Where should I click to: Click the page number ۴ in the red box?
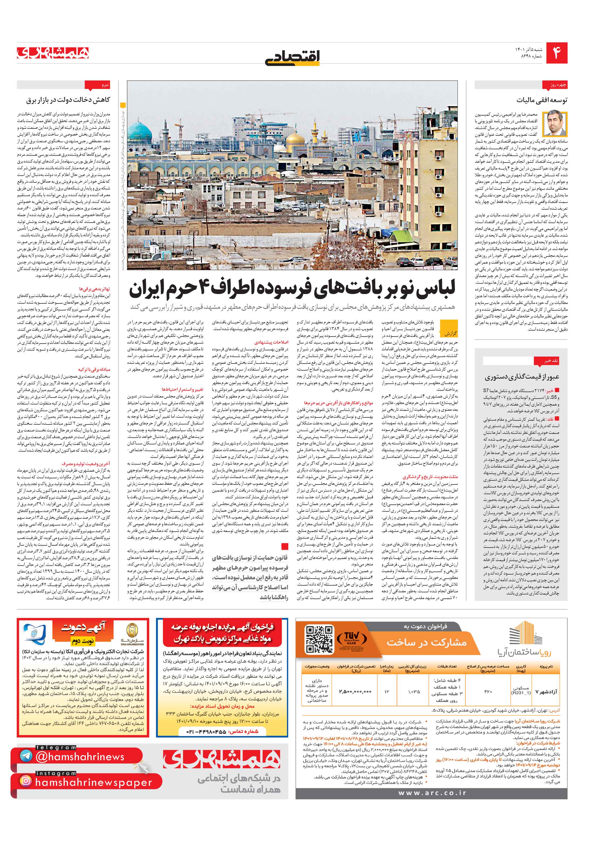point(556,53)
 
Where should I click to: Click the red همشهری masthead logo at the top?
point(53,53)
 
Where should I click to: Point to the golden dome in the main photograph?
point(295,139)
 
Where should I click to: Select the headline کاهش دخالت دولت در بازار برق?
point(68,100)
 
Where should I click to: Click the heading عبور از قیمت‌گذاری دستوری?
point(522,377)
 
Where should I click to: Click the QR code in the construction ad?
point(319,639)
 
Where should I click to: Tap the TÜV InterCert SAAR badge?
point(352,639)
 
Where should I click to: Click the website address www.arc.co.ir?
point(432,793)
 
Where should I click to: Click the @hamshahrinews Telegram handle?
point(80,754)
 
